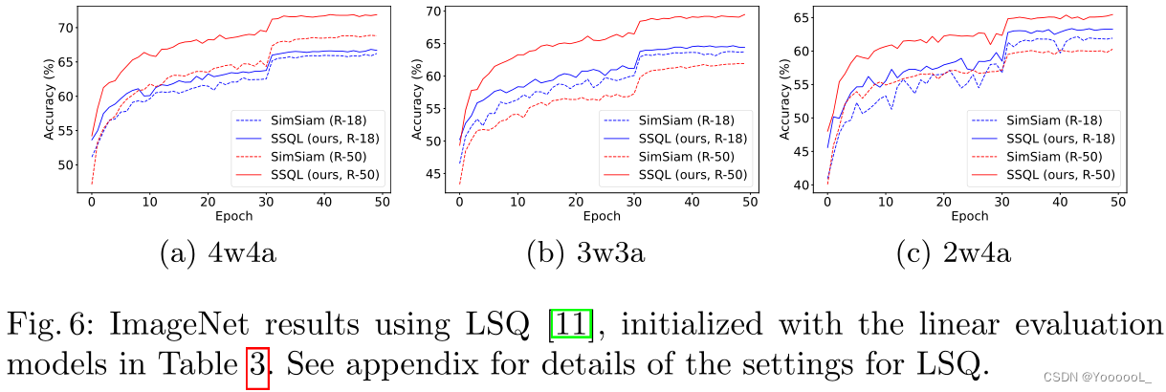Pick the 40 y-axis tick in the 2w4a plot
[797, 185]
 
